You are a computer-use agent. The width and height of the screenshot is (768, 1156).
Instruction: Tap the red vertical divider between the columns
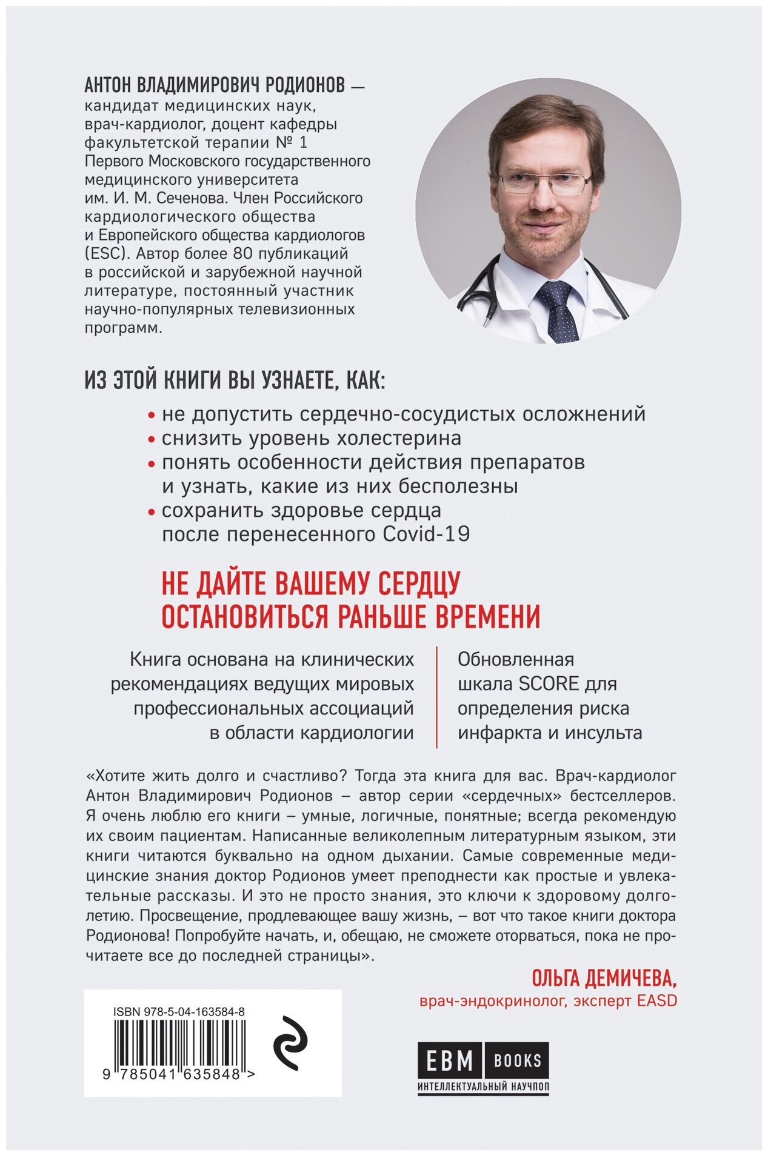pyautogui.click(x=437, y=696)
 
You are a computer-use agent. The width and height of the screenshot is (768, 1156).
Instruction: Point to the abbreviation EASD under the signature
pyautogui.click(x=656, y=1000)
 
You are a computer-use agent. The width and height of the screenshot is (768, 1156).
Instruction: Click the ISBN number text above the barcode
pyautogui.click(x=179, y=1011)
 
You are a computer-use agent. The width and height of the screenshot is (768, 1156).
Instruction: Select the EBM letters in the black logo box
pyautogui.click(x=449, y=1060)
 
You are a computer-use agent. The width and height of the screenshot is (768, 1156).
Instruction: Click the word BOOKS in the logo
pyautogui.click(x=517, y=1060)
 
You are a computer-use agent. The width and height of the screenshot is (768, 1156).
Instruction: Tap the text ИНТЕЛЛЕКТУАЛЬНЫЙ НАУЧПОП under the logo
pyautogui.click(x=483, y=1086)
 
